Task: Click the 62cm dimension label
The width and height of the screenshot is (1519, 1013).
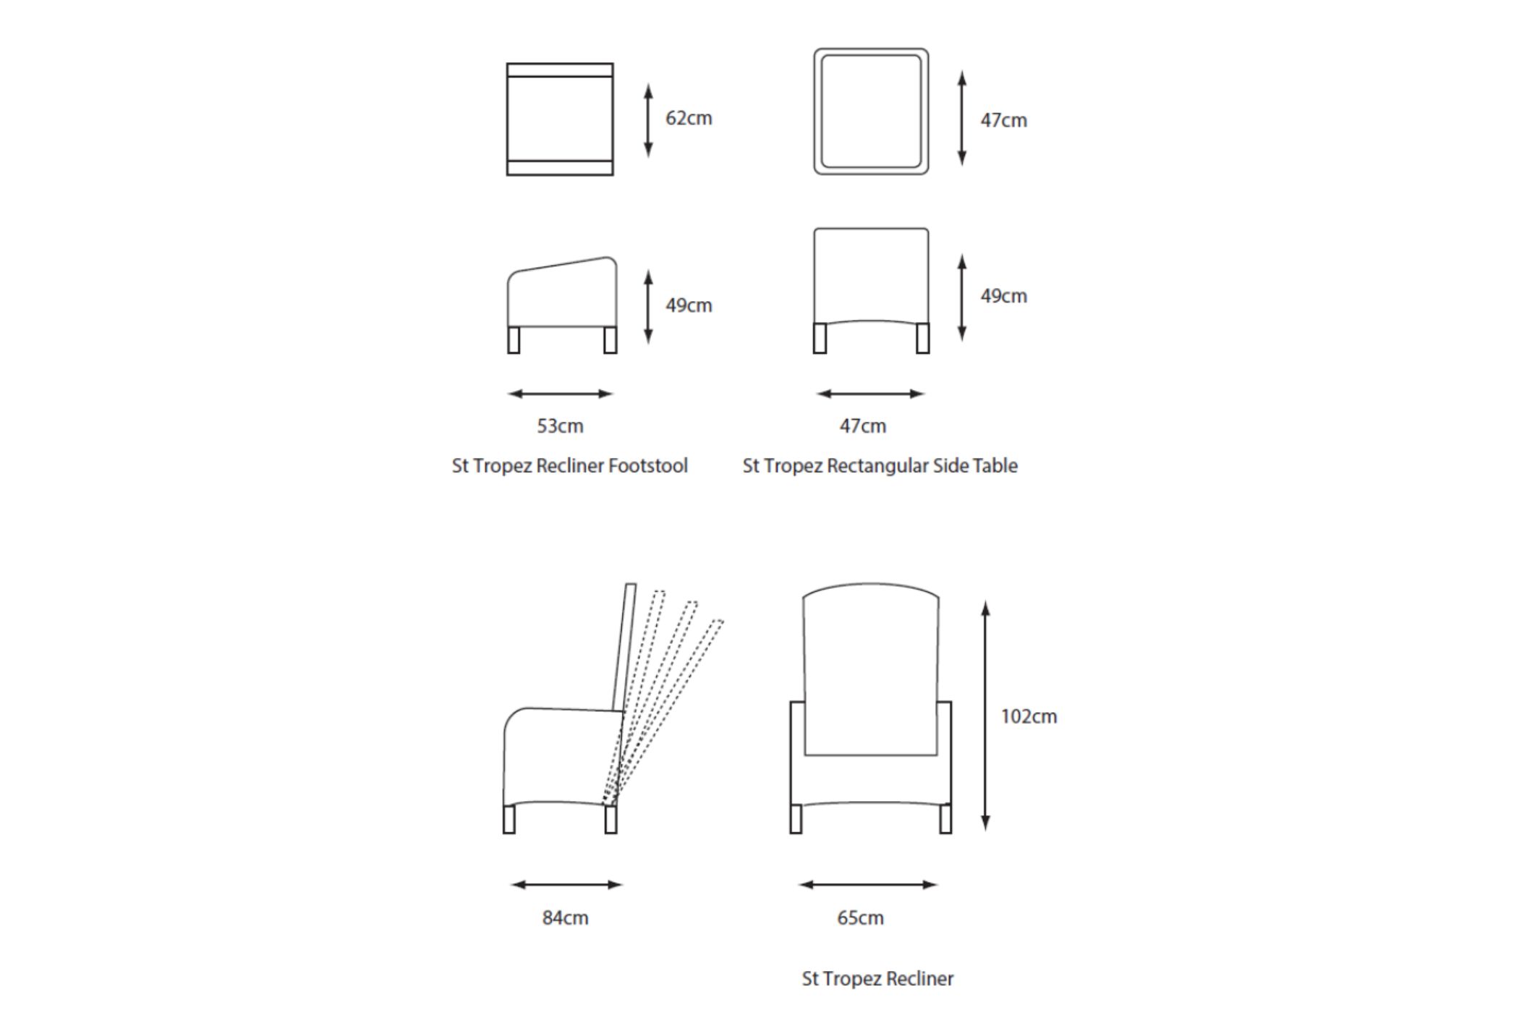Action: pyautogui.click(x=689, y=119)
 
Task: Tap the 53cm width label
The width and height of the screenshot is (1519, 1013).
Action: pyautogui.click(x=560, y=426)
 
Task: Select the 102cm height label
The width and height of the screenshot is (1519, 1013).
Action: pyautogui.click(x=1028, y=716)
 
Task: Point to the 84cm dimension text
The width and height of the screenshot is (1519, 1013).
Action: pyautogui.click(x=565, y=918)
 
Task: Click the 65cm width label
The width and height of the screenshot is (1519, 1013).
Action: pyautogui.click(x=860, y=918)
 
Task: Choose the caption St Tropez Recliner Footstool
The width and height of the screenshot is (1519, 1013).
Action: pyautogui.click(x=569, y=466)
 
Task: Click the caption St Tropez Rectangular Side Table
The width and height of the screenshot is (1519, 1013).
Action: pyautogui.click(x=880, y=466)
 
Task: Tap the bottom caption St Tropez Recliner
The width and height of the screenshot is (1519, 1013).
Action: pyautogui.click(x=877, y=979)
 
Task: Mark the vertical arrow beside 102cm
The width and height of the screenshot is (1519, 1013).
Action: pyautogui.click(x=985, y=716)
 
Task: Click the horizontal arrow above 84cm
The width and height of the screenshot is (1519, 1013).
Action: pyautogui.click(x=566, y=884)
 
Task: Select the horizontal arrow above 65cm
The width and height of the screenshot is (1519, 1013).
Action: pyautogui.click(x=868, y=884)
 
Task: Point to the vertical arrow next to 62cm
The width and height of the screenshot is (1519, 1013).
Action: pyautogui.click(x=648, y=120)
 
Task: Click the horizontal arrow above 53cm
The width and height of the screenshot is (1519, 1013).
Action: pyautogui.click(x=561, y=394)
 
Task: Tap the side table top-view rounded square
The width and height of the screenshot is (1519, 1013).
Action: pyautogui.click(x=871, y=111)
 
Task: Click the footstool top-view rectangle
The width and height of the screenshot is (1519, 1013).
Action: pyautogui.click(x=560, y=119)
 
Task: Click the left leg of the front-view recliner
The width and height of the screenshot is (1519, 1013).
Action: pyautogui.click(x=796, y=819)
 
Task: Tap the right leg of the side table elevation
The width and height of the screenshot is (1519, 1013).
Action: pyautogui.click(x=922, y=338)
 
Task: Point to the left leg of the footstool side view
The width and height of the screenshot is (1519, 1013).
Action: pyautogui.click(x=514, y=340)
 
